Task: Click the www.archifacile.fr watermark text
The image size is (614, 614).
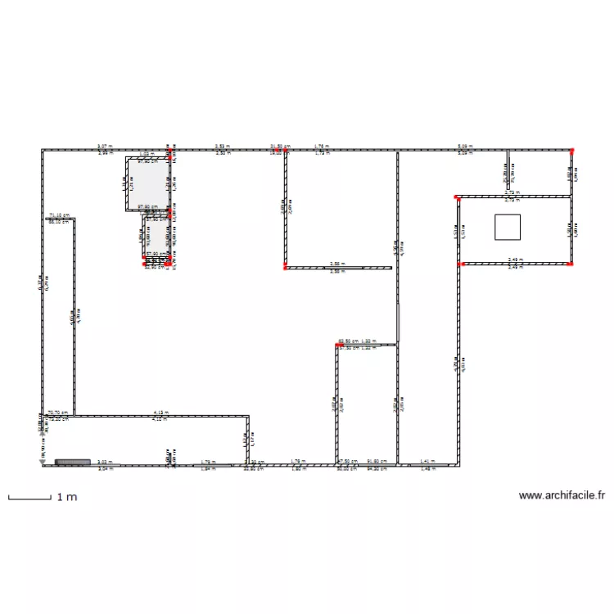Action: click(x=562, y=495)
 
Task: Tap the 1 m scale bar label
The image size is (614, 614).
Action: click(x=66, y=497)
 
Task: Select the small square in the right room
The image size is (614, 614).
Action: click(x=508, y=227)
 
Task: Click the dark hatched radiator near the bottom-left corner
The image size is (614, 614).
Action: click(x=72, y=463)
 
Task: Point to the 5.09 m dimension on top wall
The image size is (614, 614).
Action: click(x=465, y=147)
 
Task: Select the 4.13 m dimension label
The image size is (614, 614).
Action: click(x=160, y=413)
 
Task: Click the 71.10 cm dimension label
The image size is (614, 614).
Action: click(x=59, y=216)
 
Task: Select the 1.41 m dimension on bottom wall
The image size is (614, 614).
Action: click(x=427, y=463)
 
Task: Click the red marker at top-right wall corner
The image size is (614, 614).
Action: click(x=572, y=151)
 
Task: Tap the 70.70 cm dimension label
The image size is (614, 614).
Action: click(x=56, y=413)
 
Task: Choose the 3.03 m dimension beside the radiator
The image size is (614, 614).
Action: click(x=104, y=463)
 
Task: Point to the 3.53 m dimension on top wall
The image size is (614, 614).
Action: click(x=222, y=147)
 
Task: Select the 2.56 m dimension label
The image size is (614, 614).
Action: click(x=336, y=264)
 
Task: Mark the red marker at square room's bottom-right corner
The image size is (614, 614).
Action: click(x=571, y=264)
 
